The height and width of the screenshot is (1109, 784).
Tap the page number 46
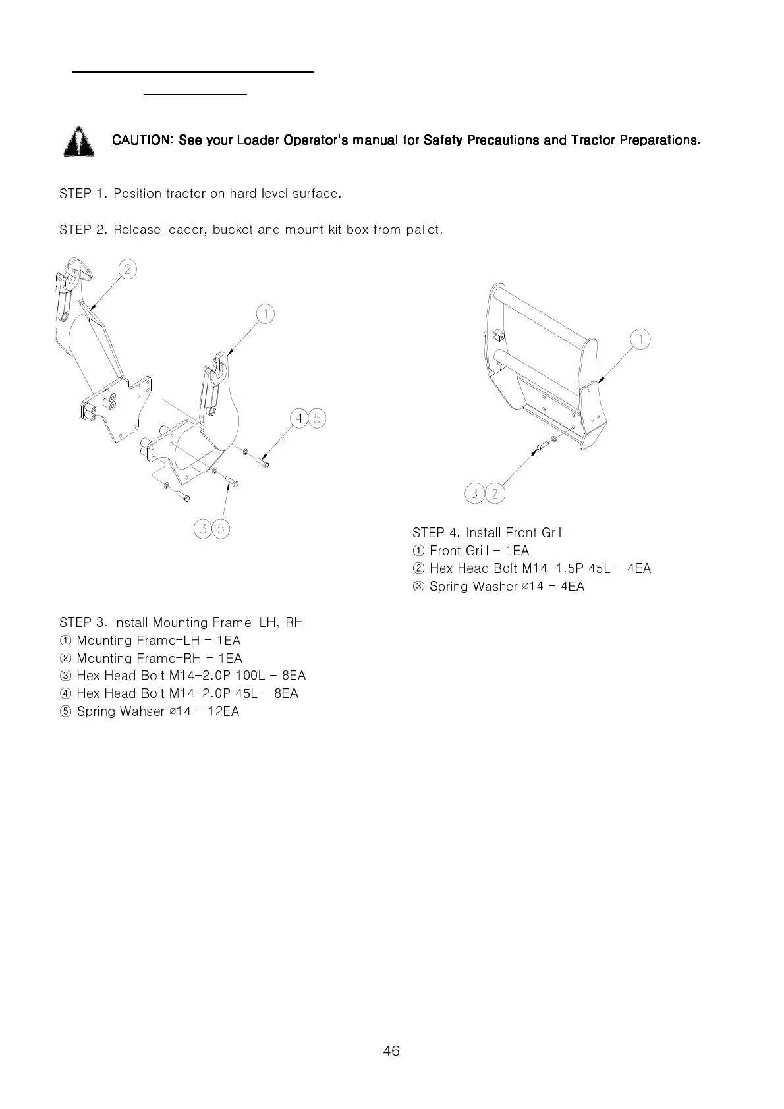(x=391, y=1050)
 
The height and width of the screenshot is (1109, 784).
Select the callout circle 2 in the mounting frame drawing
(x=127, y=269)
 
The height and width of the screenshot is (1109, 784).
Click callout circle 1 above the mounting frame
(x=265, y=314)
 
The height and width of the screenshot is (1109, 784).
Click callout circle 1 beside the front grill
(x=640, y=339)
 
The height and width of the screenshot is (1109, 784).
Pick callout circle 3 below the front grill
(x=474, y=493)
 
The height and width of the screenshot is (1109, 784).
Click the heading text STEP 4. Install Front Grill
(x=488, y=533)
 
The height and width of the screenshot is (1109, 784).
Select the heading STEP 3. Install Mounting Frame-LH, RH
(x=181, y=622)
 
